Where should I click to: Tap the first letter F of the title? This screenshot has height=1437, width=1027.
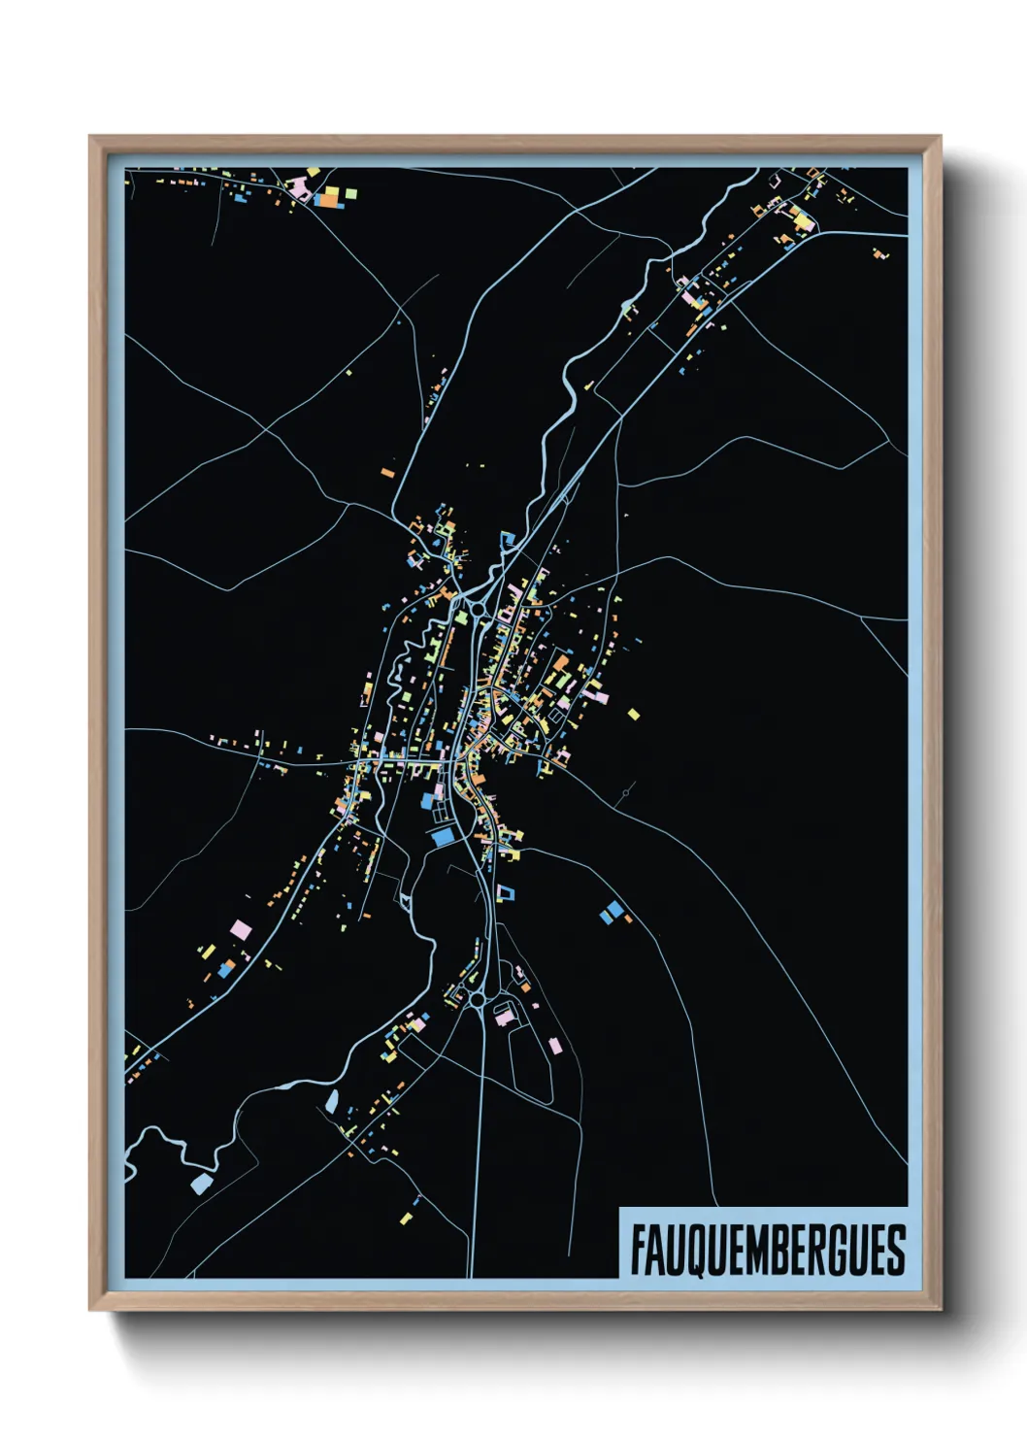pyautogui.click(x=639, y=1250)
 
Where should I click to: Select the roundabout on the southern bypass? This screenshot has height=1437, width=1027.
pyautogui.click(x=478, y=998)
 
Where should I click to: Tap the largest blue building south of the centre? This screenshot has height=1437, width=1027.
pyautogui.click(x=444, y=836)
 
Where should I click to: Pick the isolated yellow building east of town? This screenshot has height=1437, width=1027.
pyautogui.click(x=634, y=715)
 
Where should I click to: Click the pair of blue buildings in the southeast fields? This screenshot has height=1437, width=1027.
pyautogui.click(x=612, y=912)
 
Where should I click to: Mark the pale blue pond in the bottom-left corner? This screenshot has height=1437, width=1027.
pyautogui.click(x=201, y=1184)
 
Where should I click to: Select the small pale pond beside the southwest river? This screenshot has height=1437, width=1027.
pyautogui.click(x=332, y=1101)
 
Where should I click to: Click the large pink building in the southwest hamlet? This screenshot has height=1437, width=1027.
pyautogui.click(x=241, y=930)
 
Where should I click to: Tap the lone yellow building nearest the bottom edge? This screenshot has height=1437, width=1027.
pyautogui.click(x=406, y=1218)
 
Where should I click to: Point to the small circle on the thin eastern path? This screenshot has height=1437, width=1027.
pyautogui.click(x=626, y=793)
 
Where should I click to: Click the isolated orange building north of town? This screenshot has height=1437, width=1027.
pyautogui.click(x=387, y=473)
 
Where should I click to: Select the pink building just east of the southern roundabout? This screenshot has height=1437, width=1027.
pyautogui.click(x=504, y=1019)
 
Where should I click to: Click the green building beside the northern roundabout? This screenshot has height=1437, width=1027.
pyautogui.click(x=460, y=615)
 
